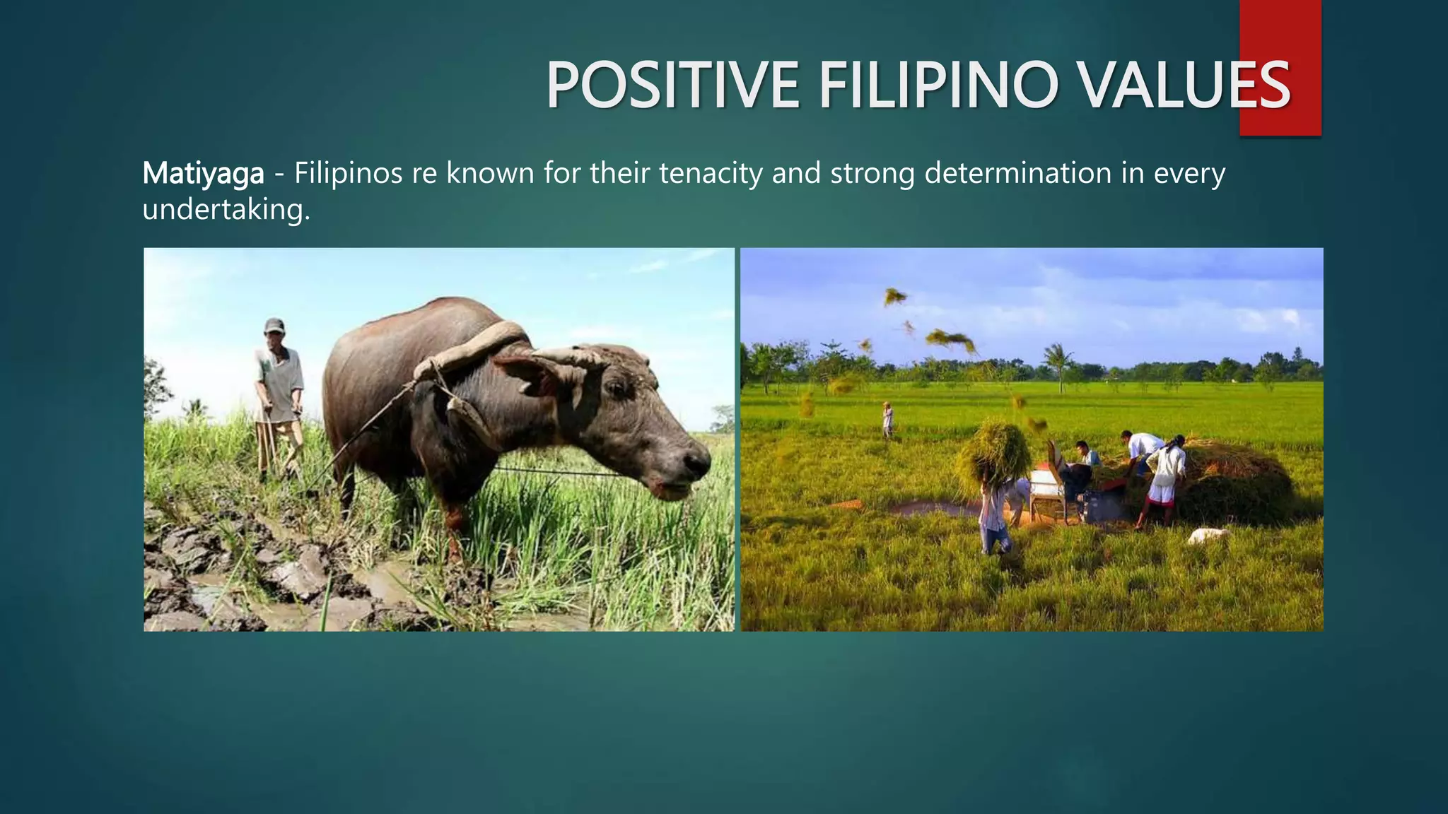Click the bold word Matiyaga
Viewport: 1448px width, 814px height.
[204, 173]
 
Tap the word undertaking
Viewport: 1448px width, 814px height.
[226, 209]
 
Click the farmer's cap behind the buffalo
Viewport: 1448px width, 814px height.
[274, 325]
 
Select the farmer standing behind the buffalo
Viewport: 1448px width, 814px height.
[279, 396]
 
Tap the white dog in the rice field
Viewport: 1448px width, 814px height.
[1207, 536]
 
